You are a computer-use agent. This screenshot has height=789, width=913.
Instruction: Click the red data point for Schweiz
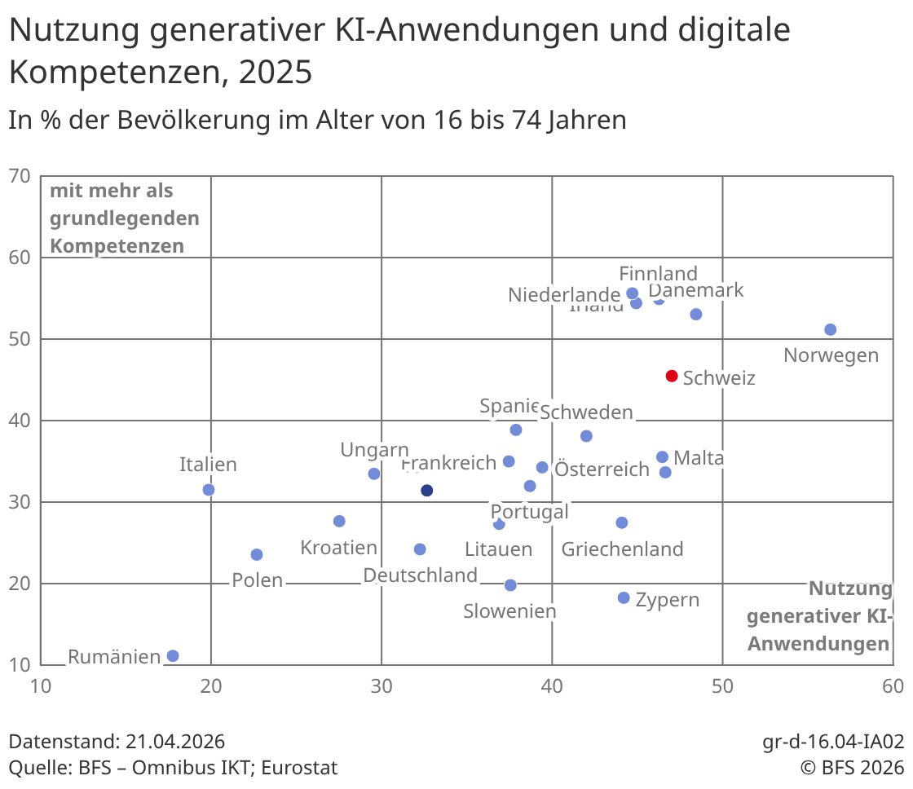pyautogui.click(x=672, y=376)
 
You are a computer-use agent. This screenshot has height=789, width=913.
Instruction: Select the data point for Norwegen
pyautogui.click(x=831, y=329)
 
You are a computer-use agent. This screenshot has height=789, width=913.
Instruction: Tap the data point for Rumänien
pyautogui.click(x=173, y=656)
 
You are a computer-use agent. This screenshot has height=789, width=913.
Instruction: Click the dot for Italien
pyautogui.click(x=209, y=490)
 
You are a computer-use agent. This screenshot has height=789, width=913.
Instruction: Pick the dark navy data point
pyautogui.click(x=426, y=491)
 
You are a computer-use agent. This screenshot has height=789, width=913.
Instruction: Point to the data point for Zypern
pyautogui.click(x=624, y=597)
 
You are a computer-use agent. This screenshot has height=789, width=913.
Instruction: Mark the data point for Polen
pyautogui.click(x=257, y=554)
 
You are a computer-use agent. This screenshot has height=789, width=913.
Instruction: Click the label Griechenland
pyautogui.click(x=622, y=549)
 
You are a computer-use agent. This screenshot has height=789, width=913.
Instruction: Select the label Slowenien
pyautogui.click(x=509, y=611)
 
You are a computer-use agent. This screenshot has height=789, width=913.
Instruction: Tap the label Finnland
pyautogui.click(x=658, y=273)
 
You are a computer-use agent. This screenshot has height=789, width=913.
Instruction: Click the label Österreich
pyautogui.click(x=602, y=469)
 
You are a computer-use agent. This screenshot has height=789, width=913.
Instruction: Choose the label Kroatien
pyautogui.click(x=339, y=548)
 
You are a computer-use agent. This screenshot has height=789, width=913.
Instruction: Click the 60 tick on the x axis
pyautogui.click(x=892, y=686)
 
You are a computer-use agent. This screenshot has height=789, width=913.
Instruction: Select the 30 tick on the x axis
pyautogui.click(x=382, y=686)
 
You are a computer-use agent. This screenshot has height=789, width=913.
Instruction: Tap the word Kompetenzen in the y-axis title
pyautogui.click(x=117, y=245)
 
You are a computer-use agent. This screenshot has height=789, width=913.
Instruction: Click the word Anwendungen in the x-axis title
pyautogui.click(x=818, y=644)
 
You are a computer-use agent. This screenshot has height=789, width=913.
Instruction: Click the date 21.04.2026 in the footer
pyautogui.click(x=175, y=742)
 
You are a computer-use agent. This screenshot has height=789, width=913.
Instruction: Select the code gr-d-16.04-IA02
pyautogui.click(x=833, y=742)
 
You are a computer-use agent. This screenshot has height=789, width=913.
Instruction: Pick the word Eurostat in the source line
pyautogui.click(x=300, y=768)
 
